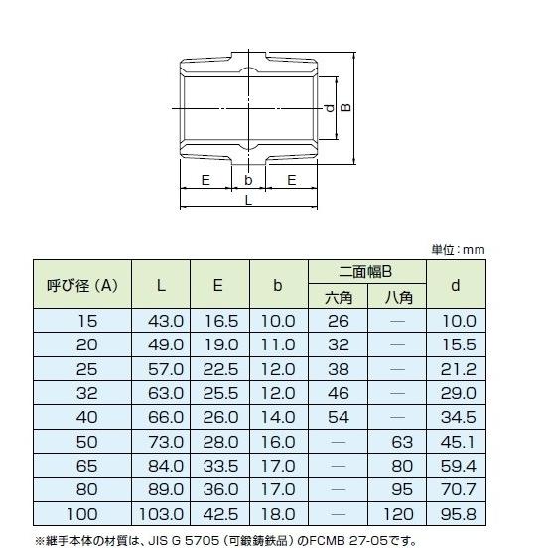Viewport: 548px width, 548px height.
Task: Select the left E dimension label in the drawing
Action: point(205,179)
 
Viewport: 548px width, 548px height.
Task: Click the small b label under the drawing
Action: point(248,179)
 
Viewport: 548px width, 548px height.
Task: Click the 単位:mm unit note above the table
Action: point(458,249)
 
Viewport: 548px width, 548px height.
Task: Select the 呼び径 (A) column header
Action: point(83,285)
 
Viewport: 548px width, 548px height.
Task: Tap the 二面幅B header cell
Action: point(366,271)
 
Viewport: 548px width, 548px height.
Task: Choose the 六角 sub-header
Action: point(339,297)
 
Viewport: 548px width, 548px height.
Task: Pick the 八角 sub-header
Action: point(397,297)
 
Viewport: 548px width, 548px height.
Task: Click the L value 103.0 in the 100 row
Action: point(162,514)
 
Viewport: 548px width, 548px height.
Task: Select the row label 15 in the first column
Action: point(86,321)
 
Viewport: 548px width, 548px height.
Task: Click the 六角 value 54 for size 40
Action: point(339,417)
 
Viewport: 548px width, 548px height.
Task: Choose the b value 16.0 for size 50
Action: point(278,442)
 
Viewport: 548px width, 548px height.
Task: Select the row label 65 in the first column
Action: point(86,466)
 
